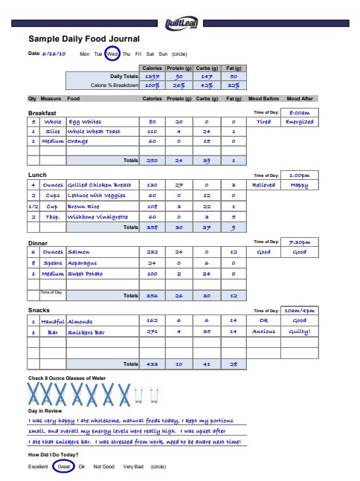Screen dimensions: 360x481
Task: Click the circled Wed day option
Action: pos(112,54)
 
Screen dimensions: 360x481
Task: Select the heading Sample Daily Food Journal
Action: pos(83,39)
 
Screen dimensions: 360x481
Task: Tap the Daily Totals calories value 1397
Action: pos(152,76)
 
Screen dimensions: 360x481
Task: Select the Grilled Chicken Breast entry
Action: pos(100,184)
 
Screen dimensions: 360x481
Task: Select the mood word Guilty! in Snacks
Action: pos(300,332)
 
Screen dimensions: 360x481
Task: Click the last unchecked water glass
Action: pos(154,395)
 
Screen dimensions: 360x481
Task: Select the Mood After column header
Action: pos(300,98)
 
